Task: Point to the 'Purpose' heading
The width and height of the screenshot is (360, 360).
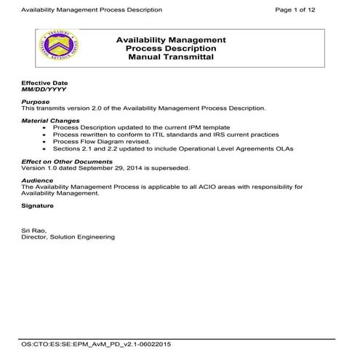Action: click(x=35, y=102)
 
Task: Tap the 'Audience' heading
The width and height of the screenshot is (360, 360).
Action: click(x=37, y=179)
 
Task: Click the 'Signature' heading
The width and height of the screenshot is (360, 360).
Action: click(x=38, y=206)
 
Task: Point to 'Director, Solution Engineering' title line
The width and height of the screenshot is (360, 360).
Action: click(x=68, y=236)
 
